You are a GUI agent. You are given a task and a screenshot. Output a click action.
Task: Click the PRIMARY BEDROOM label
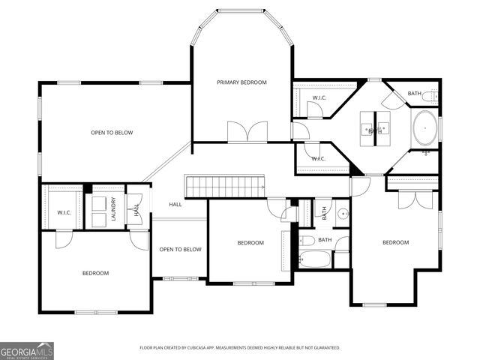(241, 82)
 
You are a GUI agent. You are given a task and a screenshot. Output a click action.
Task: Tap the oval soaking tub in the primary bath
(424, 127)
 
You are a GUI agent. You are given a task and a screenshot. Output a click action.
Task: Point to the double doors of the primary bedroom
(247, 132)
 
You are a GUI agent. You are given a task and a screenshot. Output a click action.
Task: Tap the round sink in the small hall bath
(343, 214)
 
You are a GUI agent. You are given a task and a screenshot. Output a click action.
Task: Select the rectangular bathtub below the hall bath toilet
(315, 259)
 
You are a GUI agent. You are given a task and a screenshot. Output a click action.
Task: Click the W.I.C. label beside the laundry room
(64, 212)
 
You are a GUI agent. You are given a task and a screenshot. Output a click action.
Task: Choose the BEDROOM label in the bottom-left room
(95, 273)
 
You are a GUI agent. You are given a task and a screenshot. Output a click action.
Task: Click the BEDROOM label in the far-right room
(395, 242)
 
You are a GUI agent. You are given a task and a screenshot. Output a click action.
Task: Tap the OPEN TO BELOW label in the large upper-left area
(112, 133)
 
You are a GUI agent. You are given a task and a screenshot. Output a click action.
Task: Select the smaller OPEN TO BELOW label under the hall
(180, 250)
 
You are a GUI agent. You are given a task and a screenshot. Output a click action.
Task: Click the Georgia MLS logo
(27, 350)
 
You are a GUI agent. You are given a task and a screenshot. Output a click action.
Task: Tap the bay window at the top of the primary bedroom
(241, 11)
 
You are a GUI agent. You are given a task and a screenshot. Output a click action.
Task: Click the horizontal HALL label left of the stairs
(175, 204)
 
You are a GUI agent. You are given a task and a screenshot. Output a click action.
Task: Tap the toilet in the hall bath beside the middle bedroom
(307, 241)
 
